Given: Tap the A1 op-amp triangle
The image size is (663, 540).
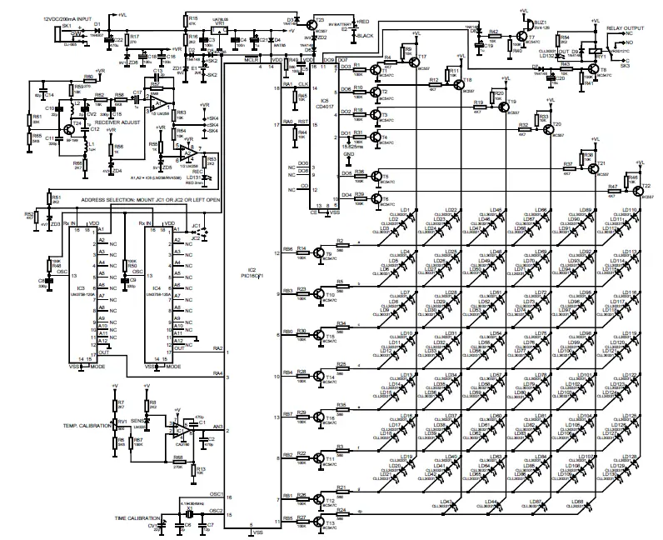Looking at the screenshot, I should pos(158,104).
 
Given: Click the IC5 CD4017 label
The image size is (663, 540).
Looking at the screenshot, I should pos(325,103).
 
